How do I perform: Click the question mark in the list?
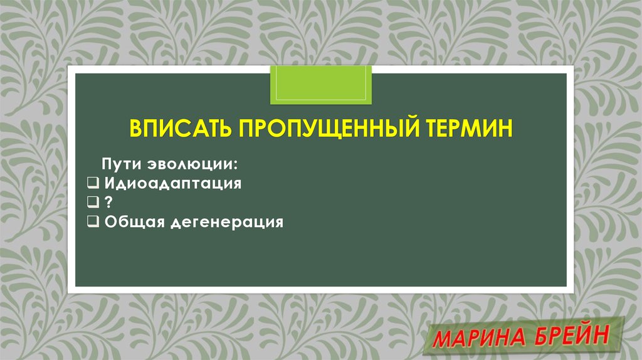[109, 203]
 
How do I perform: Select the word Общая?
[134, 222]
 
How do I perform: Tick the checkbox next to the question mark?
[93, 203]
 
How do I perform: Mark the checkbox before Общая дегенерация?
[93, 222]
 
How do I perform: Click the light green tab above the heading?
[320, 85]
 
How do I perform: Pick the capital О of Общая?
[110, 222]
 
